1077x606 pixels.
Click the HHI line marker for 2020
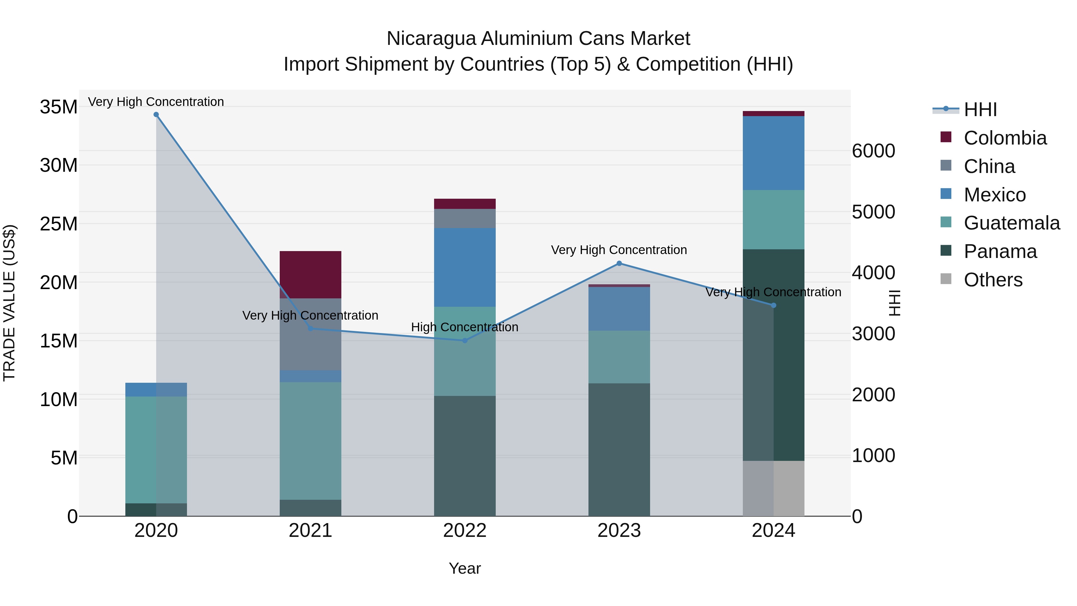156,115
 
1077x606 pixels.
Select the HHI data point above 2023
619,263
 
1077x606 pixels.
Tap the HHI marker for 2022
465,341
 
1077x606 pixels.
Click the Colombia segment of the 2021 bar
310,274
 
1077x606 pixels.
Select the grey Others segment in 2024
773,488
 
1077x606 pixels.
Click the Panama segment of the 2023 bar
619,449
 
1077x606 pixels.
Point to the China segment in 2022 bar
465,218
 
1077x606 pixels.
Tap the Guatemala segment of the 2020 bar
156,449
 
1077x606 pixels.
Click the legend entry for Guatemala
1011,223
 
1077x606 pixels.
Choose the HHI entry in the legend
980,110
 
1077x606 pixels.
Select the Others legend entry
993,280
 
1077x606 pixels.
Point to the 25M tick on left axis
59,224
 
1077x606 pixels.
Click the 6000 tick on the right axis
873,151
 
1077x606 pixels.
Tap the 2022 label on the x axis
465,531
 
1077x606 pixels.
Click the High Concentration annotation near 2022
465,327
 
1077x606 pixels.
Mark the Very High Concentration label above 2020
156,102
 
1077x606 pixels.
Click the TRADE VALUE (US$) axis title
9,303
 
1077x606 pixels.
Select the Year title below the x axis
465,568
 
